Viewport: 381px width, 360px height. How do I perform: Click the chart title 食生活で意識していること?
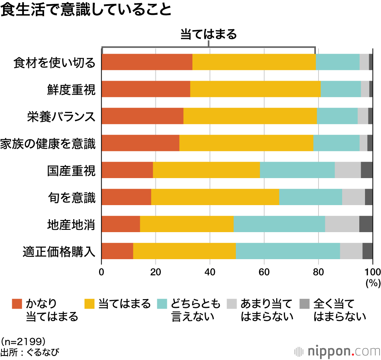pyautogui.click(x=86, y=10)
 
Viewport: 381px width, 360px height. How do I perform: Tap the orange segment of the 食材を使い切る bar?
pyautogui.click(x=147, y=62)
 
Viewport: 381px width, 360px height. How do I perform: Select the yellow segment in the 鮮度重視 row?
pyautogui.click(x=255, y=89)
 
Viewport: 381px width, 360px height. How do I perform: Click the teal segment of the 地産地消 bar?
pyautogui.click(x=279, y=224)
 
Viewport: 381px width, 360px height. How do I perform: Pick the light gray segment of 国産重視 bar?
pyautogui.click(x=347, y=170)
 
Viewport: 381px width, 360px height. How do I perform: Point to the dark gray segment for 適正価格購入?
pyautogui.click(x=367, y=251)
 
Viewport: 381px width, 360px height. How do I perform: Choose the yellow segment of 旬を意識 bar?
pyautogui.click(x=215, y=197)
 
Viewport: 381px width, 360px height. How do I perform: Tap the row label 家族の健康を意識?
pyautogui.click(x=48, y=143)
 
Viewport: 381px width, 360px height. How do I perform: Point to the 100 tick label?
pyautogui.click(x=373, y=272)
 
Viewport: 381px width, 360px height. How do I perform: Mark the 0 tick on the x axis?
pyautogui.click(x=102, y=272)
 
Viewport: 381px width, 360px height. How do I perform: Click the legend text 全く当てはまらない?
pyautogui.click(x=339, y=310)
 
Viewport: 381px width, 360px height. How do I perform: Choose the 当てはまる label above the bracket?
pyautogui.click(x=208, y=35)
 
